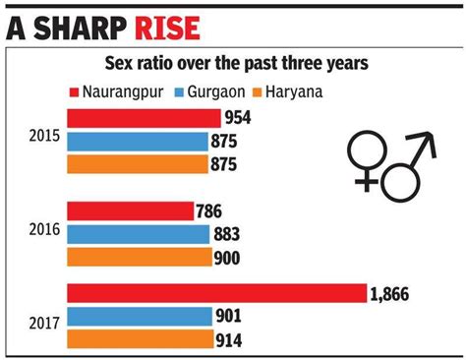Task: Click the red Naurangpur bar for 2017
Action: (216, 294)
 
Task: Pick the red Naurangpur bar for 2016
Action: (130, 211)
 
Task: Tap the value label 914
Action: (229, 340)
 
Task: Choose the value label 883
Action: (224, 235)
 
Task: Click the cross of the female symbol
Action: (368, 179)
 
